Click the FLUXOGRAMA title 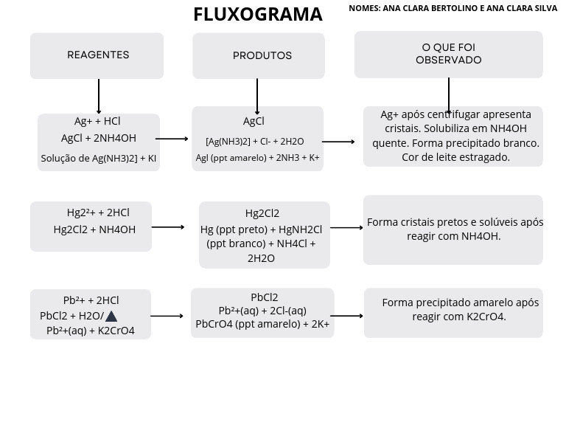click(257, 15)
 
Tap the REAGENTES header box click(97, 55)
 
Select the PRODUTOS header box click(259, 55)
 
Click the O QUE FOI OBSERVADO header click(448, 54)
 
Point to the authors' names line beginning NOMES click(453, 8)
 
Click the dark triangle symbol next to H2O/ click(111, 316)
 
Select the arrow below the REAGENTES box click(99, 97)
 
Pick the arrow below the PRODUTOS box click(257, 97)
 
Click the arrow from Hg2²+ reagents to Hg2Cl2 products click(168, 227)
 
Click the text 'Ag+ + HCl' click(97, 121)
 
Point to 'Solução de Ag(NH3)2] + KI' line click(99, 158)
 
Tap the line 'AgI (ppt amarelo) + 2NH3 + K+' click(257, 157)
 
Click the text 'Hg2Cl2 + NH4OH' click(94, 229)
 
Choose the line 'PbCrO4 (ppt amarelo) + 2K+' click(262, 324)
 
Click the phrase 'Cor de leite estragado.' click(455, 157)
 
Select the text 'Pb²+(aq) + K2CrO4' click(91, 331)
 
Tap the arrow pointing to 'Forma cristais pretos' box click(346, 228)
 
